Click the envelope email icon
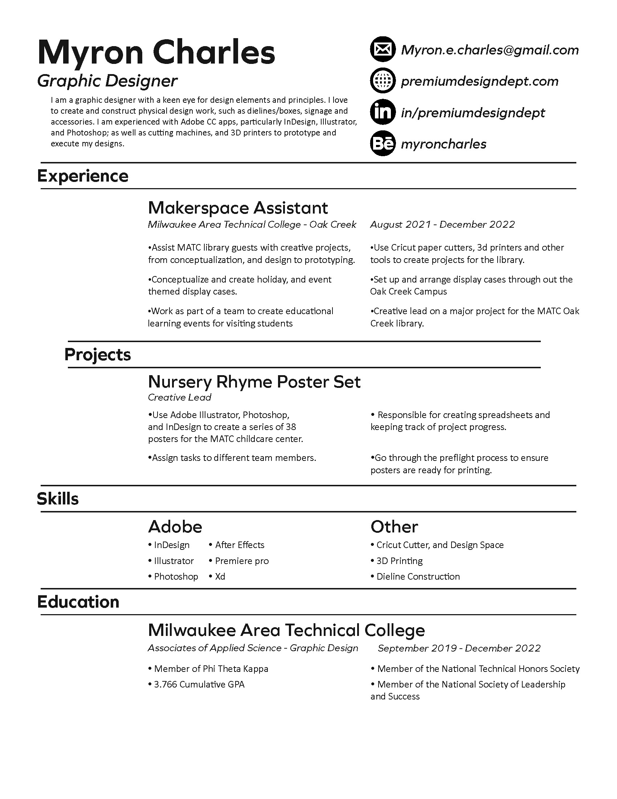coord(382,49)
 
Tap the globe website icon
coord(382,81)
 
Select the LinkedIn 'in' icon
coord(382,112)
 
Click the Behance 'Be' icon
coord(382,143)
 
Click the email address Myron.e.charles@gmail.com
coord(490,50)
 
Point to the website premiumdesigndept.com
coord(479,81)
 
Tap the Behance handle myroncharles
coord(444,144)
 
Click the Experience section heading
coord(83,176)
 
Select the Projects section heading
coord(98,354)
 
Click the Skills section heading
coord(58,499)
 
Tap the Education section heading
coord(78,602)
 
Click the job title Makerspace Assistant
coord(238,208)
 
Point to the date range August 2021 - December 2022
coord(442,224)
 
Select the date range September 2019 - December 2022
coord(459,648)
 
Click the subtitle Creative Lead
coord(179,397)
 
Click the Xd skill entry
coord(220,577)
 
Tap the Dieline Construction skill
coord(418,577)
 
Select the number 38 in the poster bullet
coord(291,427)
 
